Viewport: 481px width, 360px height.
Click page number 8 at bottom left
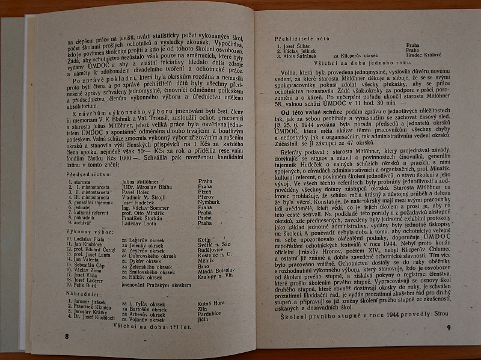(x=67, y=336)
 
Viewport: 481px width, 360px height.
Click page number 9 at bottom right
(x=449, y=327)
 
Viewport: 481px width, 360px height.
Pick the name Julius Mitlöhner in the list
(x=139, y=181)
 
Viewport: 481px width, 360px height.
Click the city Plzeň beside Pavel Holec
(x=203, y=192)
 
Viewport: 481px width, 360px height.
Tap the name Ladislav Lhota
(x=138, y=223)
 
